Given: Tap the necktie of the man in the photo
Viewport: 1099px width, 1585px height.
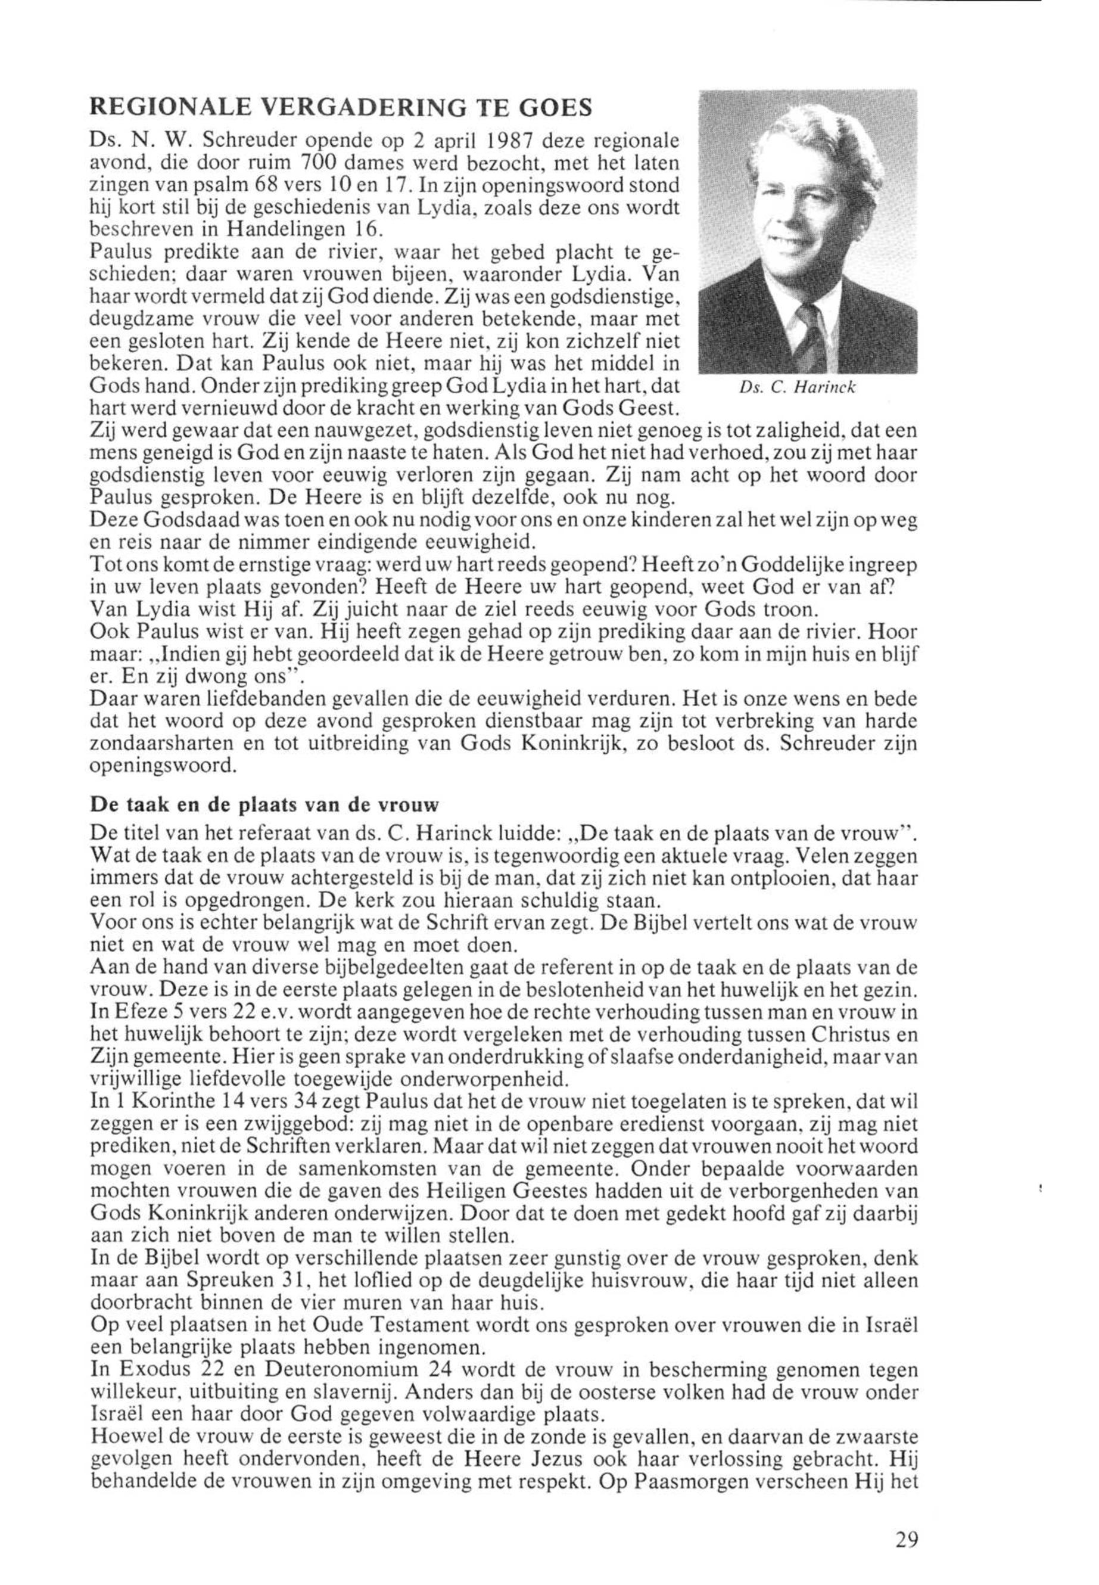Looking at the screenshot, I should pyautogui.click(x=804, y=328).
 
